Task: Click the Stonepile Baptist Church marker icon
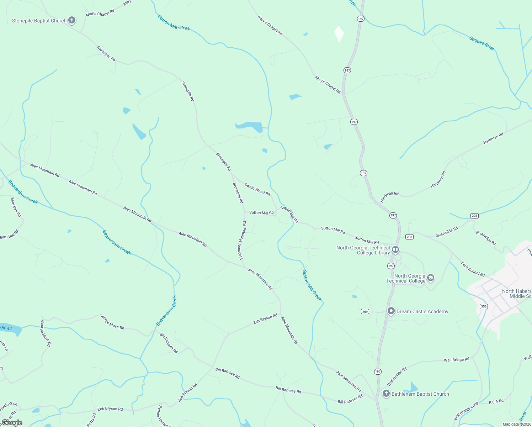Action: (72, 20)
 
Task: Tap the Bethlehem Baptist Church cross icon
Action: (386, 394)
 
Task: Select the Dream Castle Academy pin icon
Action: (391, 311)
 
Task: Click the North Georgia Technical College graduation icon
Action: (431, 278)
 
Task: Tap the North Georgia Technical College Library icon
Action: (395, 250)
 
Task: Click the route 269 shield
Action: (365, 312)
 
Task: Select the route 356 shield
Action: (483, 306)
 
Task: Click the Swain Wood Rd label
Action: (257, 189)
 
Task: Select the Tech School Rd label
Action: (473, 269)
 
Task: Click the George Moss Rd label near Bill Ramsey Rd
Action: (112, 322)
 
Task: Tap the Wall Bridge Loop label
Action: (466, 411)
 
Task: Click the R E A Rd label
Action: (496, 401)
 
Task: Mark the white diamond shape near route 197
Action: (339, 34)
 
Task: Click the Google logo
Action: (12, 423)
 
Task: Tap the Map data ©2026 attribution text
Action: (517, 424)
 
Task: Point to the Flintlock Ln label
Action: (9, 406)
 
